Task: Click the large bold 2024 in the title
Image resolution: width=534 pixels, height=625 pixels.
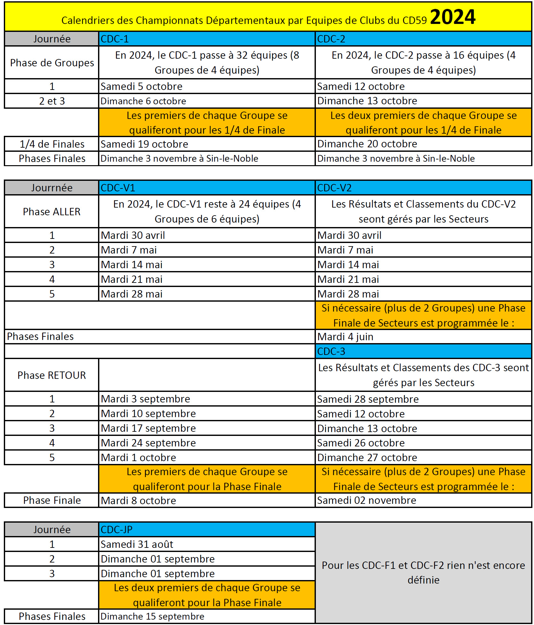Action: click(453, 17)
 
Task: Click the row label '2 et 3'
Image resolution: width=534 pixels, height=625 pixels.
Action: click(52, 101)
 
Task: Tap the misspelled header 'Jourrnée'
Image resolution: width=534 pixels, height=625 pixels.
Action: click(52, 188)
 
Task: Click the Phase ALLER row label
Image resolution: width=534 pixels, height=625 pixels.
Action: click(52, 212)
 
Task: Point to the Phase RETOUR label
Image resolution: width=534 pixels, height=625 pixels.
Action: click(52, 375)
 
